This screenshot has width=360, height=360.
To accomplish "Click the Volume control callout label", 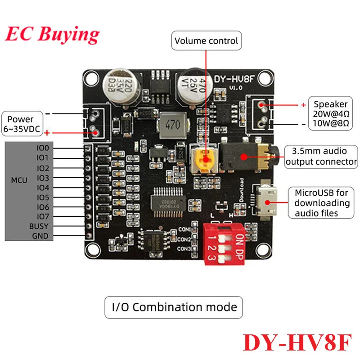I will pos(207,41).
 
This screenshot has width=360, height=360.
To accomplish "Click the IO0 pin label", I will pos(45,148).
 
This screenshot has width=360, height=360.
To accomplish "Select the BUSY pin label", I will pos(39,226).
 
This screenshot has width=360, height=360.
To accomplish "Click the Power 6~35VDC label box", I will pos(21,124).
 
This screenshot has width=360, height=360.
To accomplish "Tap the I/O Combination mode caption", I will pos(174,307).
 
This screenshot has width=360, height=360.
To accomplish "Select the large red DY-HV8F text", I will pos(297,342).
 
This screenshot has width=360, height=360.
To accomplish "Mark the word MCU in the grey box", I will pos(19,180).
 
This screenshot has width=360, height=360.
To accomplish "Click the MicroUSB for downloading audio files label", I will pos(321,203).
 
